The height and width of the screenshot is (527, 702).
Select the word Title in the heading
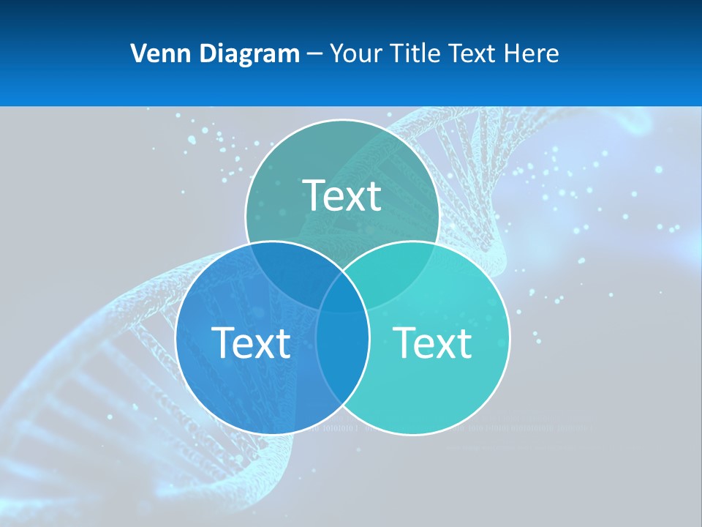pos(415,53)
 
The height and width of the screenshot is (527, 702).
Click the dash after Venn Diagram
pos(315,54)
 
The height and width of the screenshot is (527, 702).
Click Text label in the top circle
pos(342,195)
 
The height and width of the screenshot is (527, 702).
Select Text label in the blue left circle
pos(251,342)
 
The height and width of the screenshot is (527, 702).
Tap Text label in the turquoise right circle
pos(433,342)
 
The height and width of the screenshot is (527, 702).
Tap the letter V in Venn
pos(138,53)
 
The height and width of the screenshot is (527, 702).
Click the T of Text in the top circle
pos(314,195)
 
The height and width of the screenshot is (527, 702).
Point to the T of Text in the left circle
pos(222,342)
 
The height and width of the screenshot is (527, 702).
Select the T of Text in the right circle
pos(404,342)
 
